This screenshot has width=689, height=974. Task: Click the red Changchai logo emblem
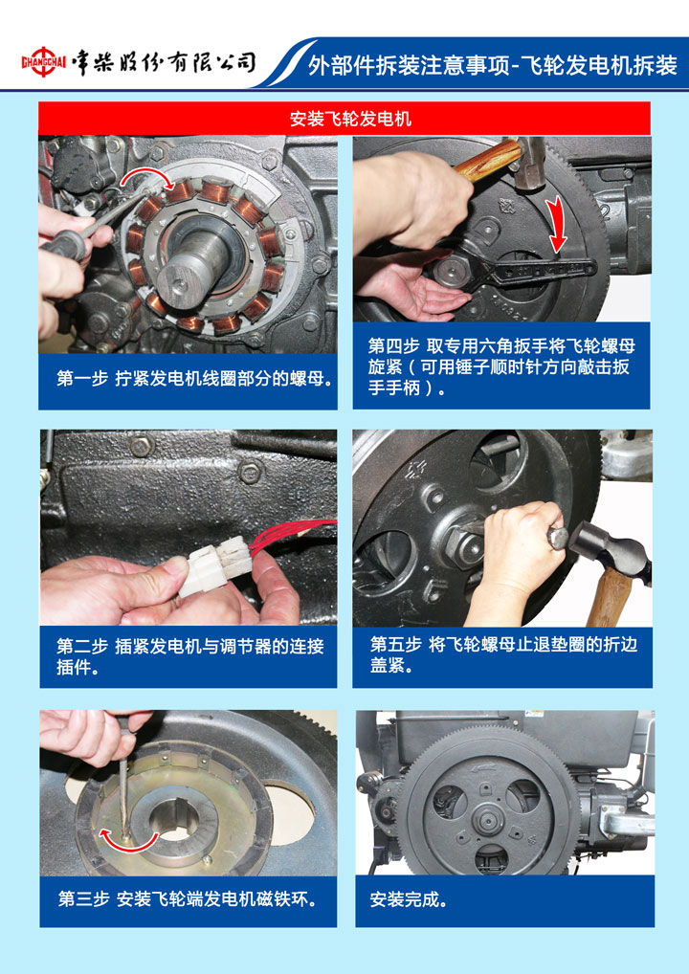coord(43,62)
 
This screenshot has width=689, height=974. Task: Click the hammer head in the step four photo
coord(529,162)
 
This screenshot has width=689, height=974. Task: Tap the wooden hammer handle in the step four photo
coord(487,161)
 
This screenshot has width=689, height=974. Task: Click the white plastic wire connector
coord(214,565)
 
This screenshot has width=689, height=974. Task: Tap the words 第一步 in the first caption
coord(82,378)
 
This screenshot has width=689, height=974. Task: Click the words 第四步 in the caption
coord(393,346)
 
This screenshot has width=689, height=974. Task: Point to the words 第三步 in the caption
coord(84,898)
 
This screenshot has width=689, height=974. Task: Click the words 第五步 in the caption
coord(396,644)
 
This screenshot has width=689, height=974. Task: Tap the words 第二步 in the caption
coord(82,647)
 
